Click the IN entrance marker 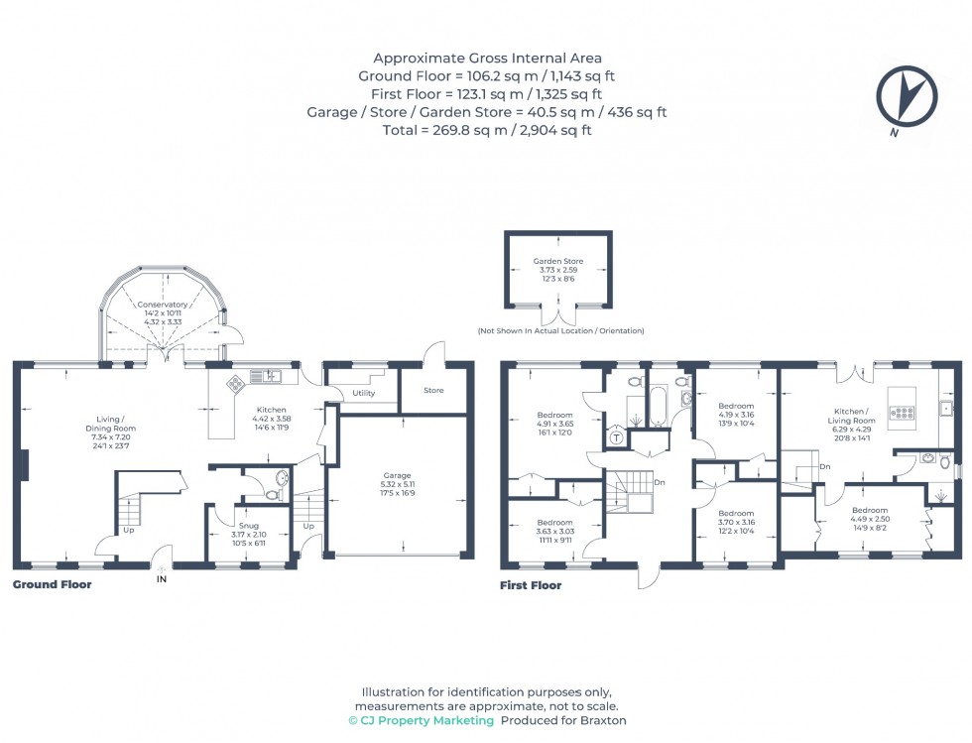tap(162, 580)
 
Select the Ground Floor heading tap(52, 585)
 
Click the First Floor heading tap(531, 585)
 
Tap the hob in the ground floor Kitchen tap(237, 382)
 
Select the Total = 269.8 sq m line tap(486, 130)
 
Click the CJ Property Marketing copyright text tap(422, 720)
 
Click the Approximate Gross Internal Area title tap(486, 58)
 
